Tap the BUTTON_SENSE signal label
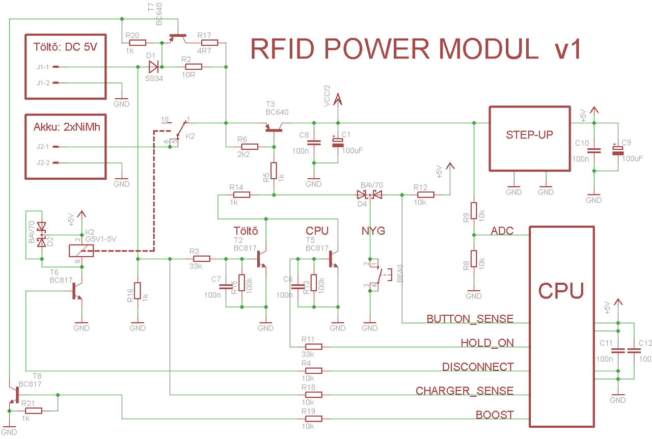pos(470,319)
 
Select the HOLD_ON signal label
pos(487,343)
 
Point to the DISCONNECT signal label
pos(478,367)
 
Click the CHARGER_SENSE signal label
pos(465,391)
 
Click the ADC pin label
pos(501,231)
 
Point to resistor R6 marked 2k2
pos(249,147)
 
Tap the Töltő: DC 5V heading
pos(65,47)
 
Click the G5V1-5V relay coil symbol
pos(80,251)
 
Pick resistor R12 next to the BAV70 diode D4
pos(425,194)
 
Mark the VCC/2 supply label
pos(328,97)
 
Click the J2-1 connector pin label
pos(42,147)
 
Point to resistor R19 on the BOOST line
pos(313,419)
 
